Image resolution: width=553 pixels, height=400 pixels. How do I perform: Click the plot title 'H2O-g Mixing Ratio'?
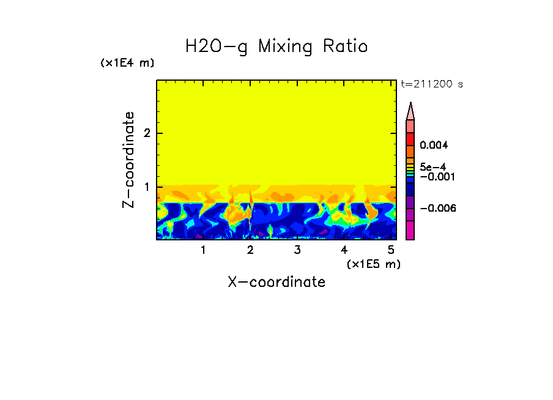pos(276,46)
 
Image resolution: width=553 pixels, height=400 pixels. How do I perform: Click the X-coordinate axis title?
pos(276,282)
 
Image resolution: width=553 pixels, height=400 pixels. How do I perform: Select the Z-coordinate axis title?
pos(128,160)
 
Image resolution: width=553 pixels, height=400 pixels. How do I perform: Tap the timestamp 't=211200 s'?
pos(431,84)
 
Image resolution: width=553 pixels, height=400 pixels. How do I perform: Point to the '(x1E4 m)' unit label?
pos(127,63)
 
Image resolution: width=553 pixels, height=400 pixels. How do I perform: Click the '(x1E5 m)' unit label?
pos(373,264)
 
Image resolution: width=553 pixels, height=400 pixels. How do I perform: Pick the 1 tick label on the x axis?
pos(203,250)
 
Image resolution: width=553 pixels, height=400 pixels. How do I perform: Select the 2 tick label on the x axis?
pos(250,250)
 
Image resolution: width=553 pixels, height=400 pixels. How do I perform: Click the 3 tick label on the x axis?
pos(297,250)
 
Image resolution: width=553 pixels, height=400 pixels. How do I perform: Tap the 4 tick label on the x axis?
pos(344,250)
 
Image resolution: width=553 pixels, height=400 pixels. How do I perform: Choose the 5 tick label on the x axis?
pos(392,250)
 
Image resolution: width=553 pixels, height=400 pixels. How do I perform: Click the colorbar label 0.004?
pos(434,146)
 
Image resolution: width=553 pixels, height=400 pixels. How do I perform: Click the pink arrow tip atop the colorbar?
pos(410,111)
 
